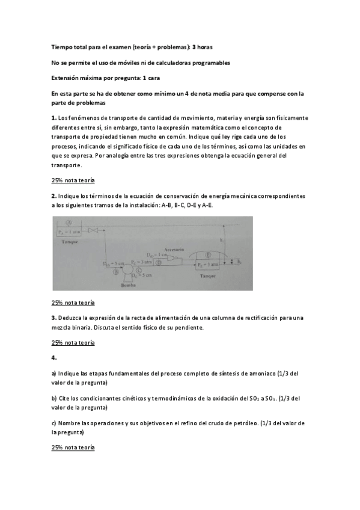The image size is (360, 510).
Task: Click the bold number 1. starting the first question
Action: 54,118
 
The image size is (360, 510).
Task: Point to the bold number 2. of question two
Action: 54,195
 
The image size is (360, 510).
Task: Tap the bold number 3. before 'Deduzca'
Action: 54,318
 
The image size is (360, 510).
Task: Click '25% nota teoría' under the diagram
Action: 73,303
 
